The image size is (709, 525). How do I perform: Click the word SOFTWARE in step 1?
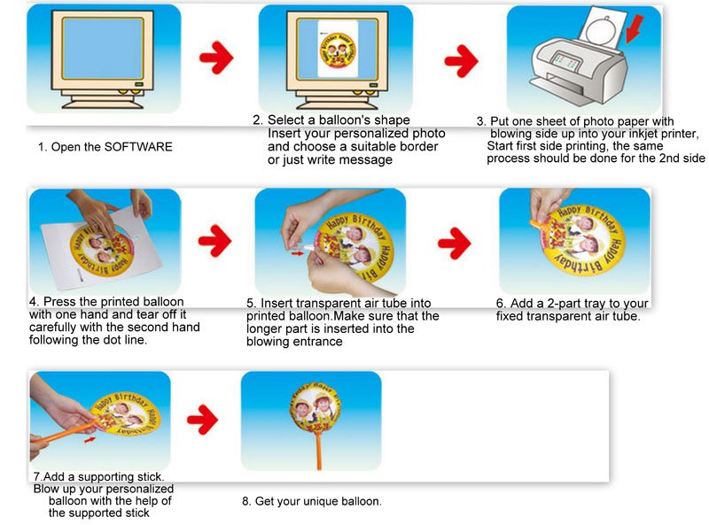(x=138, y=147)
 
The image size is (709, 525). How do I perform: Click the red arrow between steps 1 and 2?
(x=216, y=58)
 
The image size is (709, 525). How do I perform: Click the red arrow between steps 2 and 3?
(x=461, y=60)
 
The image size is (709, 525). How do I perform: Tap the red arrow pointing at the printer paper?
(x=634, y=29)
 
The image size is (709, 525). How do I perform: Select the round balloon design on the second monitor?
(x=338, y=49)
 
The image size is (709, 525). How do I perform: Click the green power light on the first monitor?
(x=139, y=84)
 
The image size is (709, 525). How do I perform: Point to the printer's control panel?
(x=565, y=61)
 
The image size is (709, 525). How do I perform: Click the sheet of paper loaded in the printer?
(x=604, y=28)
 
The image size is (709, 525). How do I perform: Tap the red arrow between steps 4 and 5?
(x=214, y=240)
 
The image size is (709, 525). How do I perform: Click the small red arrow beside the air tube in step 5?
(x=297, y=253)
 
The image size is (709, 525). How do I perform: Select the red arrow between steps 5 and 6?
(x=455, y=243)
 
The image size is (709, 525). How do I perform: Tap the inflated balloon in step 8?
(x=315, y=407)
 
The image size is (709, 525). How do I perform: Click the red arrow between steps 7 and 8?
(x=203, y=420)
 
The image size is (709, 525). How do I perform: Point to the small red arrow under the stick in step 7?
(x=90, y=439)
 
